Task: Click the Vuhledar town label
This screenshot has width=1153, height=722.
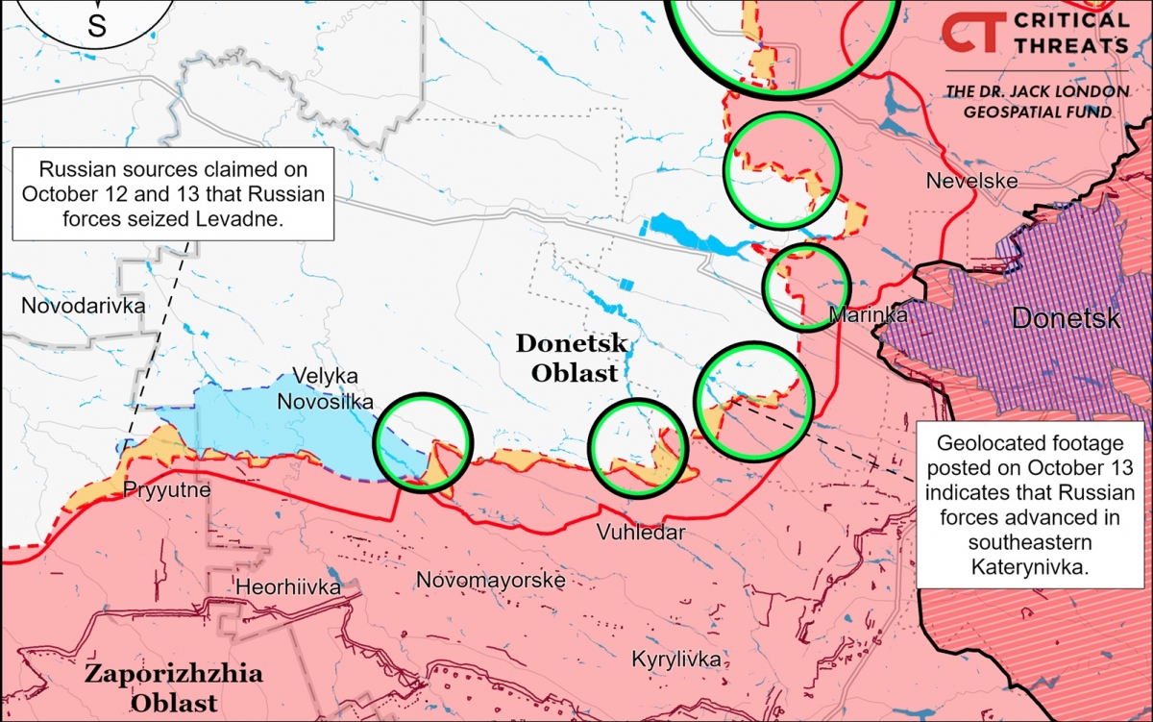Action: point(641,533)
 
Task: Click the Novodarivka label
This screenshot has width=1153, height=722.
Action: point(83,306)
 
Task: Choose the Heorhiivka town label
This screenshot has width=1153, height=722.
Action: point(288,586)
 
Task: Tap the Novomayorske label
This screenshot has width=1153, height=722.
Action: point(490,580)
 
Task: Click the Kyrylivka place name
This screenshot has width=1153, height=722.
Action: point(675,660)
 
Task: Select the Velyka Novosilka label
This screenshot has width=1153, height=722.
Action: point(324,389)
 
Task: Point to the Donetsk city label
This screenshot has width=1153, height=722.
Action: point(1066,318)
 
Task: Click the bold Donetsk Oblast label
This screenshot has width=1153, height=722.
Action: point(572,358)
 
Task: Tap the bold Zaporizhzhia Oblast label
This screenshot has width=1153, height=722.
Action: point(173,687)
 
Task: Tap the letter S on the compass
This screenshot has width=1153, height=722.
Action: point(97,26)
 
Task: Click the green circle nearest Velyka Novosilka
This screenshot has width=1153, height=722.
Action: point(423,442)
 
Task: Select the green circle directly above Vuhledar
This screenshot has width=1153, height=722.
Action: point(639,447)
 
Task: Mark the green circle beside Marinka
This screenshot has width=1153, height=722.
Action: point(806,286)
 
